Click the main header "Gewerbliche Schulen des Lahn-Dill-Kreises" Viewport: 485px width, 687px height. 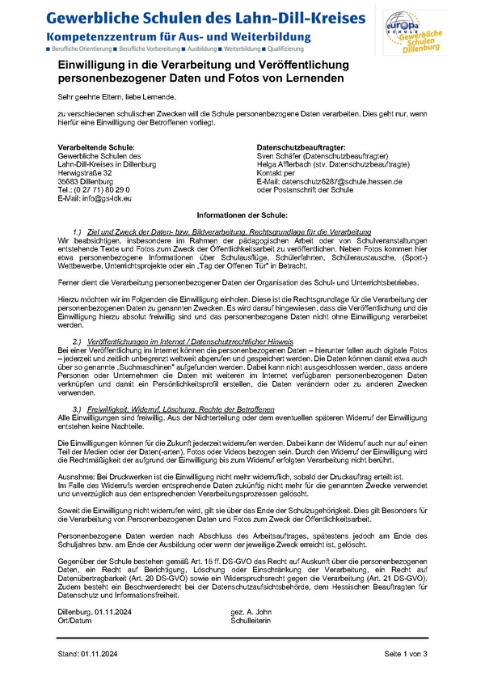click(x=205, y=18)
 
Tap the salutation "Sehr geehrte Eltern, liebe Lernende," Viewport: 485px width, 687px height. click(x=116, y=95)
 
